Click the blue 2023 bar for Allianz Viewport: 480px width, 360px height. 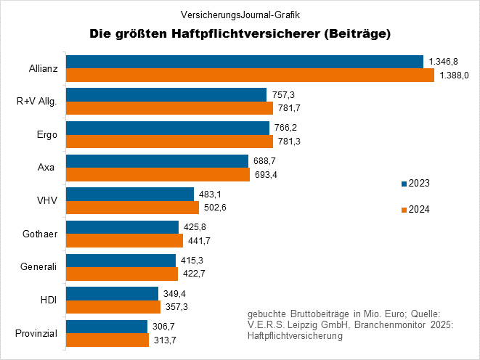[244, 62]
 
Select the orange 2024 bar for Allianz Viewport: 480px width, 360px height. [250, 75]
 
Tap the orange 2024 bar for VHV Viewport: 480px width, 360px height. [132, 208]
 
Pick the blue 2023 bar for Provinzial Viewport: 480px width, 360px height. [107, 327]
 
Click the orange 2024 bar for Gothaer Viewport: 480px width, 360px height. [124, 241]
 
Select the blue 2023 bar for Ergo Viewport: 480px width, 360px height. [168, 128]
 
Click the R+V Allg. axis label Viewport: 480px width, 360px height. [36, 102]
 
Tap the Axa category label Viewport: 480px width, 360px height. [46, 168]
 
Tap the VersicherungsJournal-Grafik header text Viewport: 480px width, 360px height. [240, 15]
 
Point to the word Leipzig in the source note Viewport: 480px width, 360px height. [304, 324]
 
